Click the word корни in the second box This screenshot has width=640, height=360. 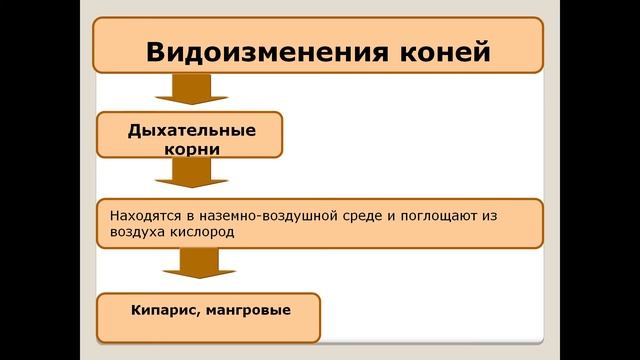(190, 148)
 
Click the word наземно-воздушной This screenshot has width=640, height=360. (273, 214)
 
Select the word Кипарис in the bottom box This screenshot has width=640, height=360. (161, 311)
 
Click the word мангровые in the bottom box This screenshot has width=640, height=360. (246, 311)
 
